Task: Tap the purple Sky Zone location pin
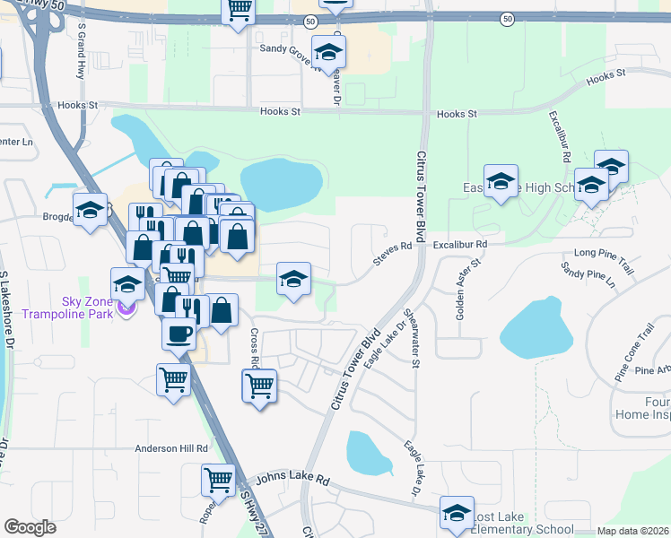coord(126,309)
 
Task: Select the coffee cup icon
coord(178,334)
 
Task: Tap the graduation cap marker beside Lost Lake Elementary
coord(457,514)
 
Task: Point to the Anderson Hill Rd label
coord(171,448)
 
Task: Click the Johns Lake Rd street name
coord(293,480)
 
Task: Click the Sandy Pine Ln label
coord(588,274)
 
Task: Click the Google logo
coord(30,526)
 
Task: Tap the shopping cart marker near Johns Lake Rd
coord(218,482)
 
